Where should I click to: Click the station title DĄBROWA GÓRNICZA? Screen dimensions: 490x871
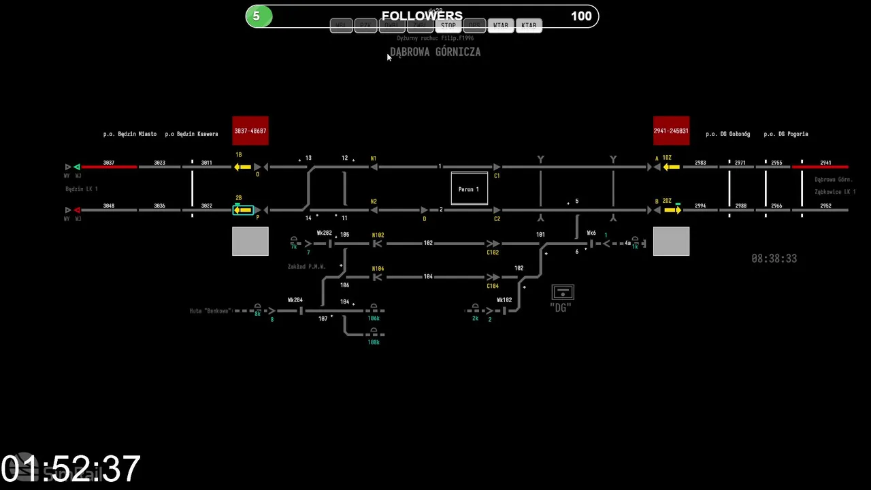coord(435,52)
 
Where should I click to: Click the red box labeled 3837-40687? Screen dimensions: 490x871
coord(250,131)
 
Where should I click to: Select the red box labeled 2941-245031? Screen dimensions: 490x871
coord(671,131)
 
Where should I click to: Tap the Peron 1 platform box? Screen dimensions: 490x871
coord(469,189)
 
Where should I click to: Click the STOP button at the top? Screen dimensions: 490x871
coord(448,26)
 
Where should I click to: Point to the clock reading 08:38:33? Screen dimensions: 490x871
coord(774,259)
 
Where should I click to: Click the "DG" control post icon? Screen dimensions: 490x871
coord(562,293)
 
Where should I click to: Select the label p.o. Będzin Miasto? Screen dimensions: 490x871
coord(130,134)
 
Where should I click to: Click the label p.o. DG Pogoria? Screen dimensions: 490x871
coord(785,134)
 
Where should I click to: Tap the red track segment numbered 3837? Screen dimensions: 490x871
coord(109,167)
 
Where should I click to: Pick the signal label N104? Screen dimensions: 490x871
coord(378,269)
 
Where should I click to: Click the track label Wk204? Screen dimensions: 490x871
coord(295,300)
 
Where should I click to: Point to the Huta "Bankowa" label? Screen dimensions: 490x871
coord(210,311)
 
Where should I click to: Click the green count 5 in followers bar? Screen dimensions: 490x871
coord(257,16)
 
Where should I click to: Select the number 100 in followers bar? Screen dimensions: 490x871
coord(581,16)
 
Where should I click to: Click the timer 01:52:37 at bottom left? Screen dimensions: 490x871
coord(71,469)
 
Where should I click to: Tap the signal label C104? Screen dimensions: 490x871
coord(493,286)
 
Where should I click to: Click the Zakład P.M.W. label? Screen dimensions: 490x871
coord(306,267)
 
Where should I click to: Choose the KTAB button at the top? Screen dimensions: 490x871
coord(529,26)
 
